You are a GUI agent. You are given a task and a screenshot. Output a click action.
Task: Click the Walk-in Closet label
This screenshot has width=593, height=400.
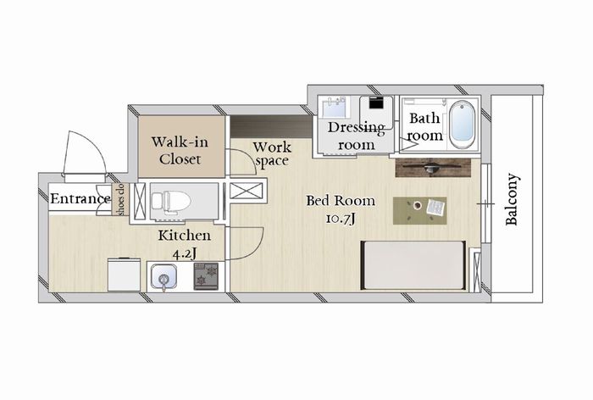(180, 151)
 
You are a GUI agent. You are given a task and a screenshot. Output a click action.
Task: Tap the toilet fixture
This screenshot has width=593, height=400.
(171, 200)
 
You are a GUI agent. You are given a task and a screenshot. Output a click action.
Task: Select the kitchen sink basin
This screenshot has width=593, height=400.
(163, 276)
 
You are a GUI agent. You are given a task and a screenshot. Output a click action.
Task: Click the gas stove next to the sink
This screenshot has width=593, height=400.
(206, 276)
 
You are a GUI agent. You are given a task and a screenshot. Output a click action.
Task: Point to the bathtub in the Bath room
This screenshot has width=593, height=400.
(463, 125)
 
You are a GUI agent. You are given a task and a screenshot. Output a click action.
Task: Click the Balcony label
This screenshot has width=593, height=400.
(512, 199)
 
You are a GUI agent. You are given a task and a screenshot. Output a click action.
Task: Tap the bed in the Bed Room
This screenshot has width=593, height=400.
(413, 265)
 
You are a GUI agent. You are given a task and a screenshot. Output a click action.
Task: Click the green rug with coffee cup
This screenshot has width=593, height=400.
(420, 210)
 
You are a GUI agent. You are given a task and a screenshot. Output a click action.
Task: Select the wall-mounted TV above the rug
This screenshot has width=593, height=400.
(433, 168)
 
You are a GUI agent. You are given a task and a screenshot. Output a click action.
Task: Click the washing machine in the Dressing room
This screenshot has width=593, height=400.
(376, 108)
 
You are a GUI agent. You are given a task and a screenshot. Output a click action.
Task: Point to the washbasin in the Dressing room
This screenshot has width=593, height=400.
(334, 107)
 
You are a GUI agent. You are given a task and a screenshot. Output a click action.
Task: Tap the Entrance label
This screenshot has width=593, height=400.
(80, 199)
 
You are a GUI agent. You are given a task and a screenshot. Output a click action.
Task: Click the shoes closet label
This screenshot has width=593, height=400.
(122, 199)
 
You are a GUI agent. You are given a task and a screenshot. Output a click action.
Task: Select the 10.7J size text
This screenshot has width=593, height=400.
(341, 219)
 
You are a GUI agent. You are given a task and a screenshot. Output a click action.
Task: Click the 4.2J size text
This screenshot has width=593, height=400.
(185, 254)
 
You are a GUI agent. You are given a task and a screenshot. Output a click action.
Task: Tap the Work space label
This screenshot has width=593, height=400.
(272, 154)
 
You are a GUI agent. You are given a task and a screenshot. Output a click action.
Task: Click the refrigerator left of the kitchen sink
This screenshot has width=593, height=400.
(124, 275)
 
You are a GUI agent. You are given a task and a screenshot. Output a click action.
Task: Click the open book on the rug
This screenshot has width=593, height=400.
(436, 208)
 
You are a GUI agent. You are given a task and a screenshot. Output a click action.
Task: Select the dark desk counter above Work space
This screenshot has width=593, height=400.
(271, 127)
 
